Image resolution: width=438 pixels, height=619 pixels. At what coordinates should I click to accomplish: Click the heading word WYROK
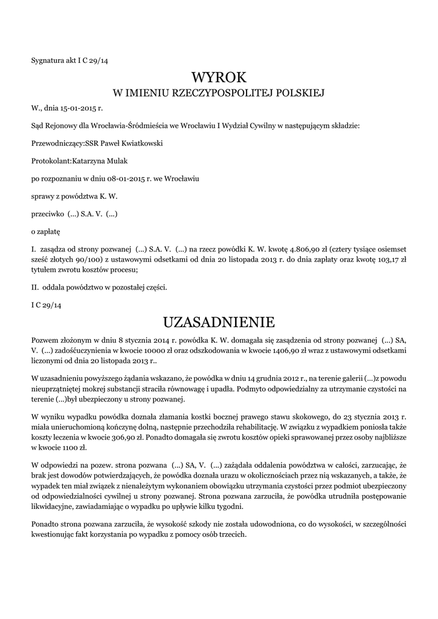[x=219, y=77]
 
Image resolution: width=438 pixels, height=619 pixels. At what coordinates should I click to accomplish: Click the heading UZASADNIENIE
[x=219, y=320]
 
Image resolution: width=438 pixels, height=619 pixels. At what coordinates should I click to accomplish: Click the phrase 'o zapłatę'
[x=45, y=232]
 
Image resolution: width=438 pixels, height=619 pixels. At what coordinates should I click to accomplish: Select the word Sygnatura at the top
[x=48, y=60]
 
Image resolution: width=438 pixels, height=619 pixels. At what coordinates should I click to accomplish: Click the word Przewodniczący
[x=56, y=143]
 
